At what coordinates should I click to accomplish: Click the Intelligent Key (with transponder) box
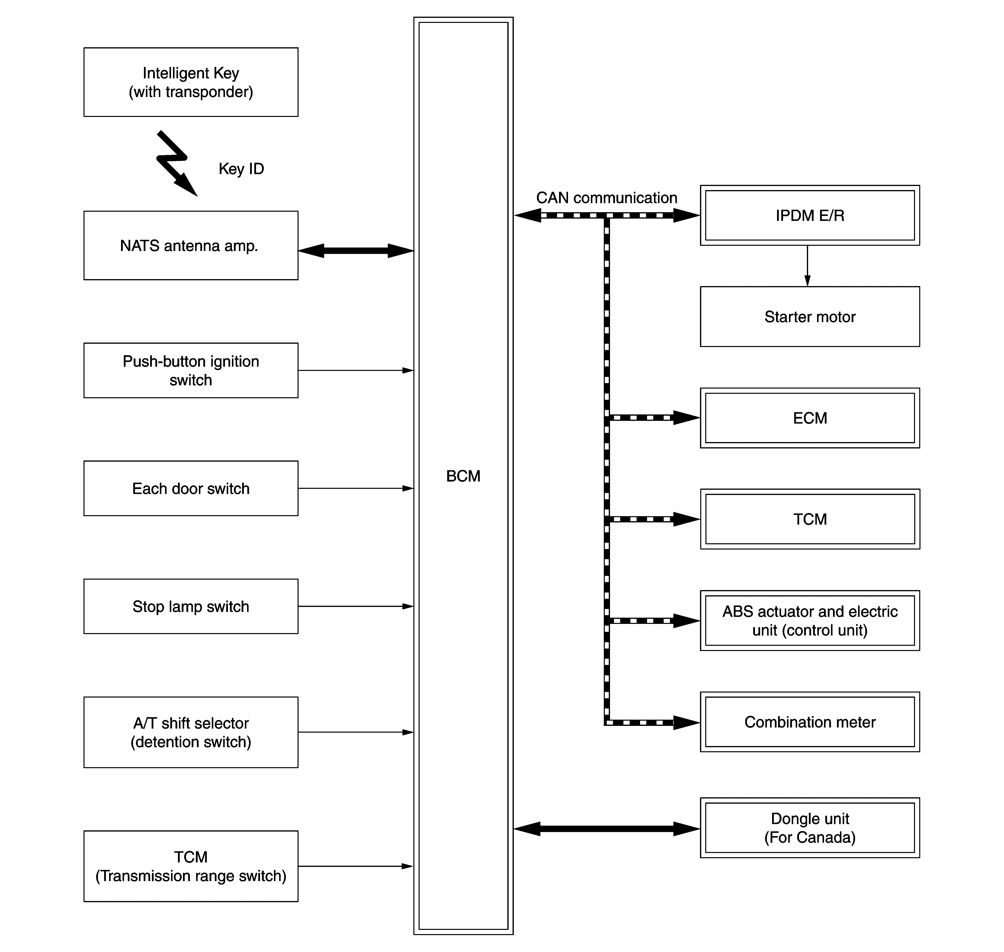click(191, 82)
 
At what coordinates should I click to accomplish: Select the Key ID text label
click(241, 169)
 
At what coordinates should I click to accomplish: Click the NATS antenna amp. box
click(191, 246)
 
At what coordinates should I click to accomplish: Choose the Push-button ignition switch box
click(191, 370)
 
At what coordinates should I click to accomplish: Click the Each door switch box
click(191, 488)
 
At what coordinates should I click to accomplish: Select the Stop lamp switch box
click(191, 606)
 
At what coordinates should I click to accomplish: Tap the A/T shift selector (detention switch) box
click(191, 732)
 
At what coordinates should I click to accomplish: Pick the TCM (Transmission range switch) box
click(191, 866)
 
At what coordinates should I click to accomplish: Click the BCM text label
click(463, 476)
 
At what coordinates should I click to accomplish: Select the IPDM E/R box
click(810, 215)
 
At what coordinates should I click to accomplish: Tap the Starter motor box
click(810, 317)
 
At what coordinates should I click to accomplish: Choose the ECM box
click(810, 418)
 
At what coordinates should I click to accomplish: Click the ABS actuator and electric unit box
click(810, 621)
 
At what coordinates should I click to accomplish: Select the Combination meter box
click(810, 722)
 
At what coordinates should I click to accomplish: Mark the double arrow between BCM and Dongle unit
click(607, 829)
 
